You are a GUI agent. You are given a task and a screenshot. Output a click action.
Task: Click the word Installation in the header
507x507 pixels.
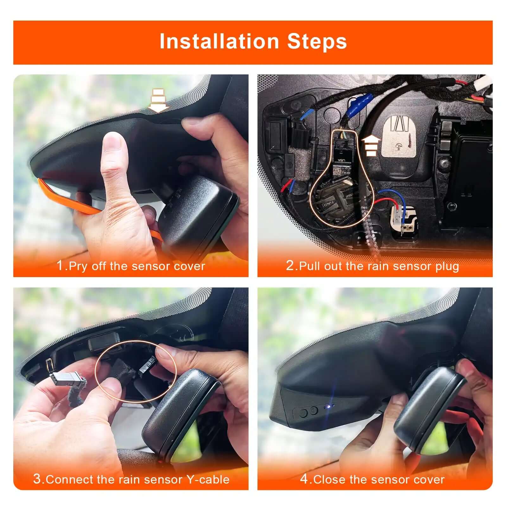(219, 41)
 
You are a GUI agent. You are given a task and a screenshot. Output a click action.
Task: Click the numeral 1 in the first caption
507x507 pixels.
(60, 265)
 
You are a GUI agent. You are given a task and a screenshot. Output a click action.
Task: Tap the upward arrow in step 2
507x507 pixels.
(371, 145)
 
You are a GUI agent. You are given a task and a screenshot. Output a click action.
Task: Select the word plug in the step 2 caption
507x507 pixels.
(447, 266)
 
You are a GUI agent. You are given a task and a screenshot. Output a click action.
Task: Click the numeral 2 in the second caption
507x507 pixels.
(290, 265)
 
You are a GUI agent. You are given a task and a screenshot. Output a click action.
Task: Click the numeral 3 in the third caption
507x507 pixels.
(37, 478)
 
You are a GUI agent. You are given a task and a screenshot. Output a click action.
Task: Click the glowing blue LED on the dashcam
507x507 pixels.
(330, 406)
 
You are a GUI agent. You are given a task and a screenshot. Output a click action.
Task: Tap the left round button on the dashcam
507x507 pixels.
(303, 413)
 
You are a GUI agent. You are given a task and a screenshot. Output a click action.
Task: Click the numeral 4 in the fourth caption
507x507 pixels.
(304, 478)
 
